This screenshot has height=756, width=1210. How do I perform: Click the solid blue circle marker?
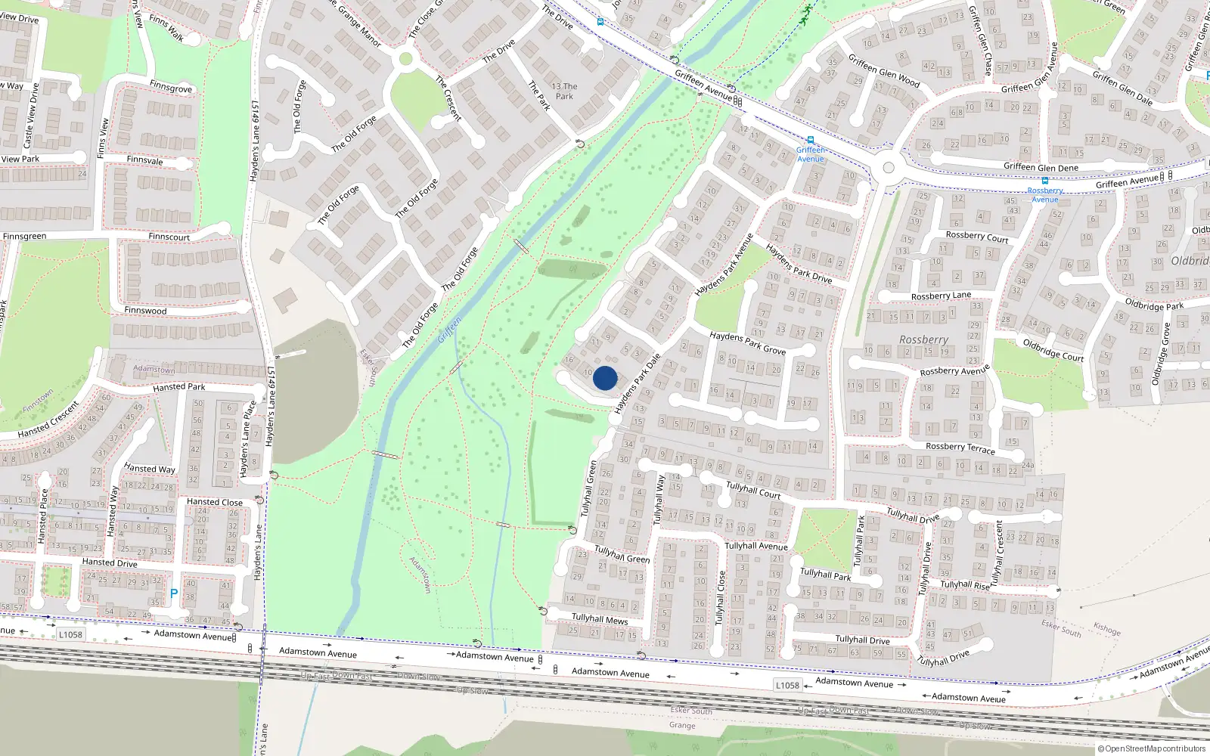click(605, 378)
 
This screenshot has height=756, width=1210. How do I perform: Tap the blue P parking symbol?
click(174, 594)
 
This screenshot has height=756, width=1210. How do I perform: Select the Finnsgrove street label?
click(171, 87)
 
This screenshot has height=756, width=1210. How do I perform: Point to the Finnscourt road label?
click(169, 237)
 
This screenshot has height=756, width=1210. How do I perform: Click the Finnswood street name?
click(145, 310)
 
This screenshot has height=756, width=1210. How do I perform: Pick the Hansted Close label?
click(215, 502)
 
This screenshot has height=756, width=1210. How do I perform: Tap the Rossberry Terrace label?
click(960, 448)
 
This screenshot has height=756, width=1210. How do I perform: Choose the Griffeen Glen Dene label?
click(1041, 167)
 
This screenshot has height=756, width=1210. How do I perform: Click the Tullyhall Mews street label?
click(600, 619)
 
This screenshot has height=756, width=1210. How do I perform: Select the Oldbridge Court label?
click(1053, 349)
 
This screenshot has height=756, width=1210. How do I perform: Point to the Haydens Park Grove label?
click(747, 343)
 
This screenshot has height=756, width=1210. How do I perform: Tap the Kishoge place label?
click(1107, 629)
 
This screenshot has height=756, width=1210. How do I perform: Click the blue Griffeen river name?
click(449, 330)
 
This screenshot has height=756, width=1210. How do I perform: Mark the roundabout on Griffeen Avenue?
click(889, 168)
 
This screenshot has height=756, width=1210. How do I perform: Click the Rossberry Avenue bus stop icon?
click(1045, 181)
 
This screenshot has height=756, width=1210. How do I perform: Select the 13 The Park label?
click(564, 91)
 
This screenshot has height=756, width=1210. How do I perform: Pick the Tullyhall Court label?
click(753, 490)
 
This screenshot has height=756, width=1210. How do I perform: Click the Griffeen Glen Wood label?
click(884, 70)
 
